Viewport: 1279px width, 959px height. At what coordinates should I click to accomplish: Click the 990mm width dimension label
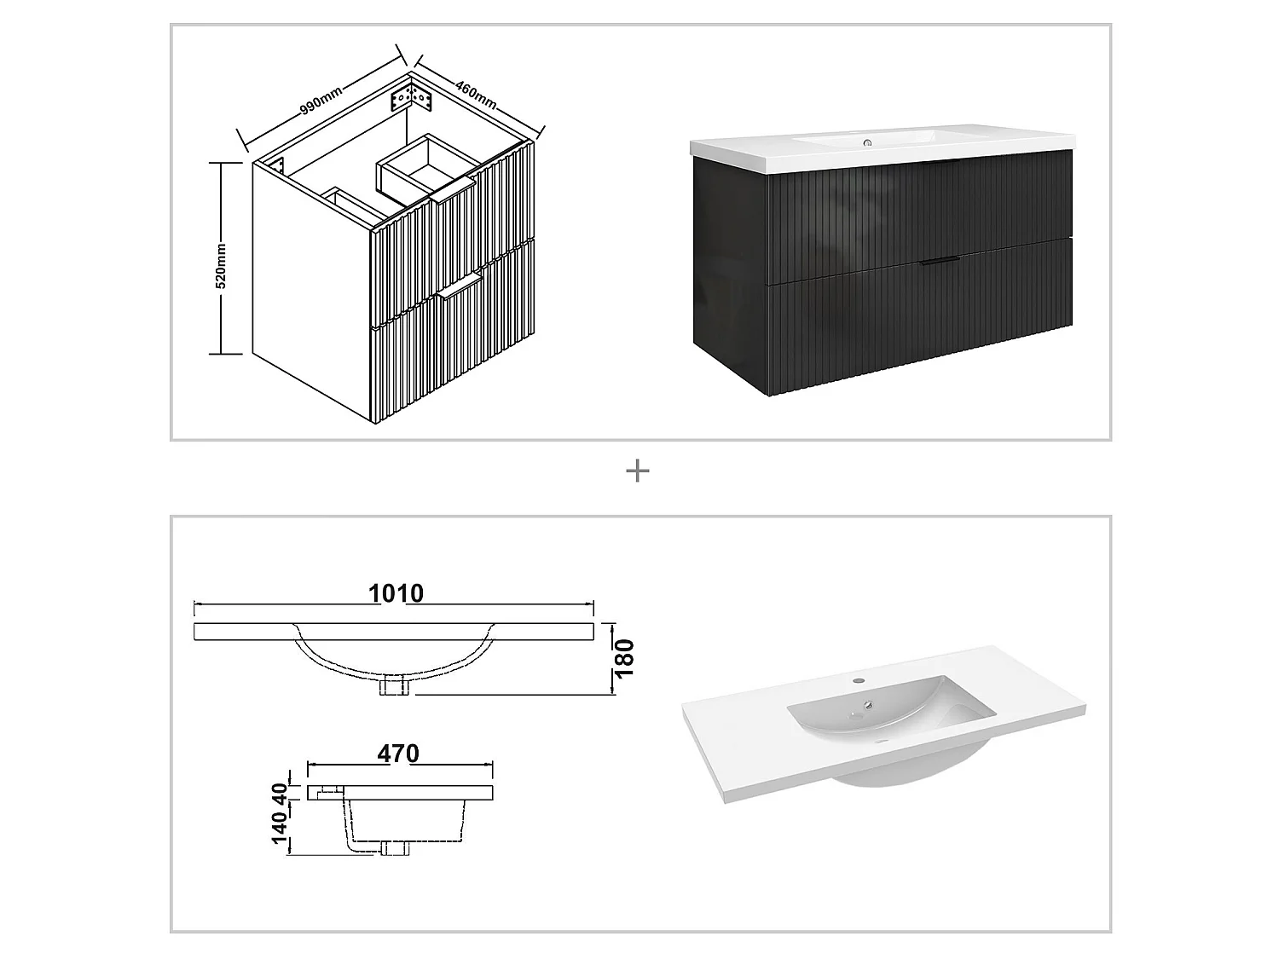[321, 99]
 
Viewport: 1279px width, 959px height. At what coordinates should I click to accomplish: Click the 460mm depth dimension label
[476, 94]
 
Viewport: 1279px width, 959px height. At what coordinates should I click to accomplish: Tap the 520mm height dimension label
[220, 266]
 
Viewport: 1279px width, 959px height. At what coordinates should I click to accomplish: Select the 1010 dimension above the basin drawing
[396, 593]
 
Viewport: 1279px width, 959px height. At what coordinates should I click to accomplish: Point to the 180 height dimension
[625, 658]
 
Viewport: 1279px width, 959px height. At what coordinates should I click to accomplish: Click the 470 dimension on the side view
[398, 754]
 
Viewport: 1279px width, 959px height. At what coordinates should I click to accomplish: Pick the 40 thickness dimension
[279, 793]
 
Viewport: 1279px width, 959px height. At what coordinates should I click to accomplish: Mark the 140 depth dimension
[279, 829]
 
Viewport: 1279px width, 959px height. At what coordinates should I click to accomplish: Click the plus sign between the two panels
[637, 471]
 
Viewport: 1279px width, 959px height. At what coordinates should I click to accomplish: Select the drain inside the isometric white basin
[867, 705]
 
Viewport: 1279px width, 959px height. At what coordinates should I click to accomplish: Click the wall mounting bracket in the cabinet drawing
[412, 97]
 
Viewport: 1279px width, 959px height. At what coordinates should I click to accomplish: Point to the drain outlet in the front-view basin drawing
[394, 685]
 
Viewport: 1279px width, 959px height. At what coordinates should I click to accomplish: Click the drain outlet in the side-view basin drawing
[394, 847]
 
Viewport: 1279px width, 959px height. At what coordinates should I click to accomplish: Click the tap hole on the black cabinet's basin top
[867, 142]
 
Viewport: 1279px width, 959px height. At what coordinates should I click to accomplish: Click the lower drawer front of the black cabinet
[921, 320]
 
